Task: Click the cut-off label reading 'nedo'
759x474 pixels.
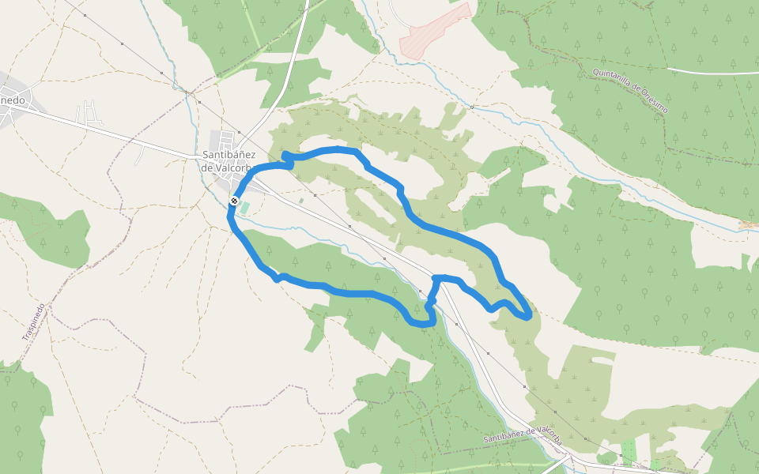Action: pyautogui.click(x=13, y=100)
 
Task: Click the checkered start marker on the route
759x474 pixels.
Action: pyautogui.click(x=235, y=201)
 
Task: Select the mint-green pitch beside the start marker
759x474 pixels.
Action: pyautogui.click(x=244, y=208)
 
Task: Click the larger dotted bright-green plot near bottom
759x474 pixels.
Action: pyautogui.click(x=629, y=450)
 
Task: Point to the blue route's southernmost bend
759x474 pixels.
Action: pyautogui.click(x=423, y=324)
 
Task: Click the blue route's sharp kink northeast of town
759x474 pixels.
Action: pyautogui.click(x=286, y=156)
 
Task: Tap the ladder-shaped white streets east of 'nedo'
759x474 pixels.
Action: pyautogui.click(x=91, y=115)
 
